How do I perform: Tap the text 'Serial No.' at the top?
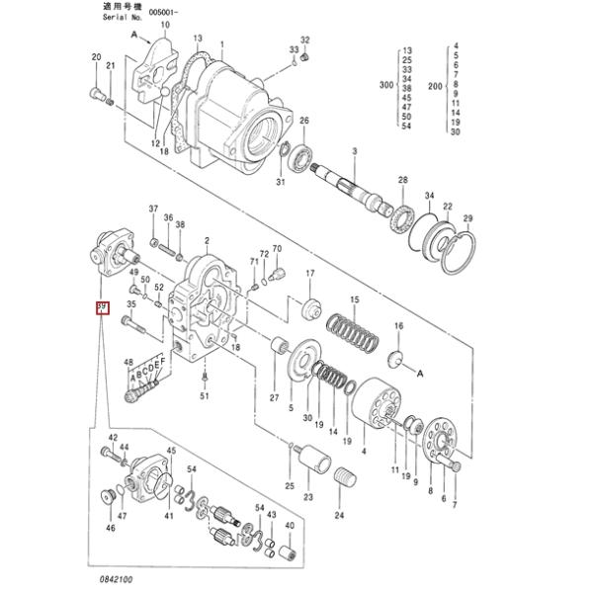coord(125,17)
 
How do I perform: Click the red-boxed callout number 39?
coord(100,309)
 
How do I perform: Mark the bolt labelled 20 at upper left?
coord(96,95)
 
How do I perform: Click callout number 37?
coord(153,209)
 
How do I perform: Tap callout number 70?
coord(277,249)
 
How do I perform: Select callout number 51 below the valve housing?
coord(205,396)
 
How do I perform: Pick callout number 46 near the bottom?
coord(111,528)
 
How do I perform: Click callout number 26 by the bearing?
coord(303,121)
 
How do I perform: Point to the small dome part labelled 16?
coord(397,357)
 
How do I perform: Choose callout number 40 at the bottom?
coord(290,525)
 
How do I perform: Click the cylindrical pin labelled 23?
coord(317,460)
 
